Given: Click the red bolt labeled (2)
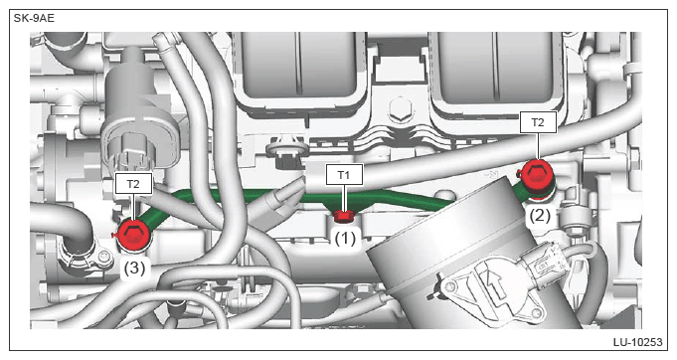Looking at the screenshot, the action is tap(536, 178).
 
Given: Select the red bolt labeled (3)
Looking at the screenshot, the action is tap(134, 235).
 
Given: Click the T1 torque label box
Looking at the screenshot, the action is tap(344, 175).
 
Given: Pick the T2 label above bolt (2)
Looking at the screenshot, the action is tap(538, 122).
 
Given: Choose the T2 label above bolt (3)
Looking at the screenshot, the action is tap(133, 184).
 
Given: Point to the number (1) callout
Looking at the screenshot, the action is tap(345, 238).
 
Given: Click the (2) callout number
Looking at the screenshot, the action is tap(540, 215).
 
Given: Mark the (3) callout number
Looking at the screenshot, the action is tap(134, 269).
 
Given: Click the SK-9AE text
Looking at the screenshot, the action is tap(34, 19).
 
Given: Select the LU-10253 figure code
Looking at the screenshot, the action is tap(637, 342).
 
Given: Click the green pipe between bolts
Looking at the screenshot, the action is tap(302, 197).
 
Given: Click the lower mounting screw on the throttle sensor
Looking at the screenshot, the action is tap(536, 314).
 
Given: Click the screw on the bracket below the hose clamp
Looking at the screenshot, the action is tap(105, 258).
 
